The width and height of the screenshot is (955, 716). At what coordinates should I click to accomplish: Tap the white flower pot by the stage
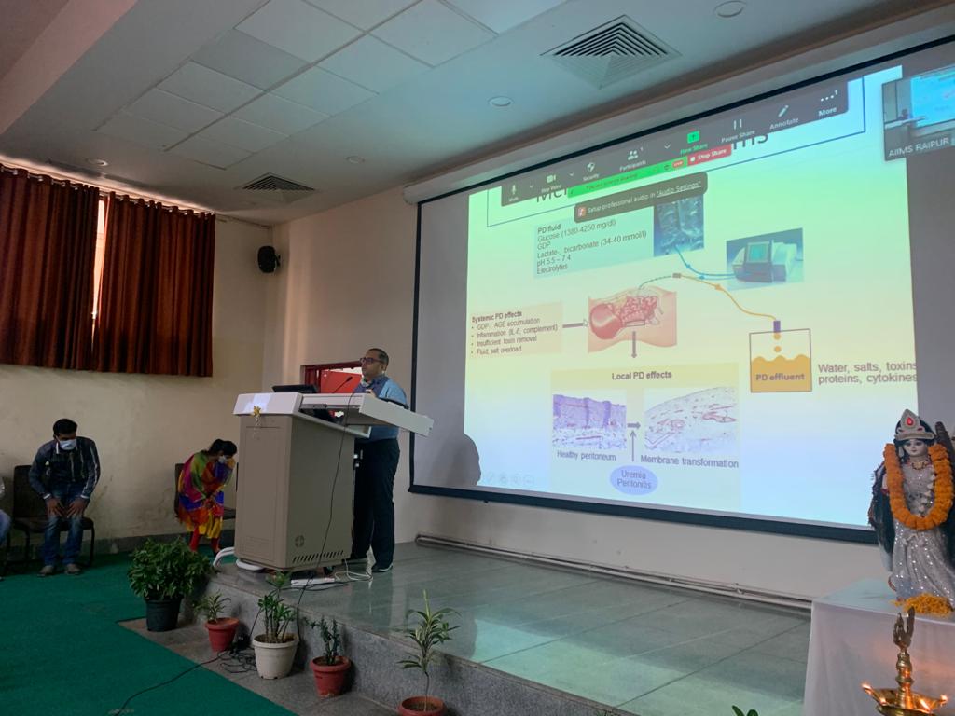[x=276, y=655]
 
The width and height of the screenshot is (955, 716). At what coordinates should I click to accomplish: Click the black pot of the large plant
[x=162, y=613]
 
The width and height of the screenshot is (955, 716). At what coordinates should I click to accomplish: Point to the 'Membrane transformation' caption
[x=690, y=462]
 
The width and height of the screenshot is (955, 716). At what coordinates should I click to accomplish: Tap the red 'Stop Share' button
[x=709, y=154]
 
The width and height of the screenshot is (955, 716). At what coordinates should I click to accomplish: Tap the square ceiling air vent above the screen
[x=612, y=50]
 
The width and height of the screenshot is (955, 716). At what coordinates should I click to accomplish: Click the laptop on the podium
[x=296, y=388]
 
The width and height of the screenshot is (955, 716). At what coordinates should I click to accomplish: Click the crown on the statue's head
[x=913, y=426]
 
